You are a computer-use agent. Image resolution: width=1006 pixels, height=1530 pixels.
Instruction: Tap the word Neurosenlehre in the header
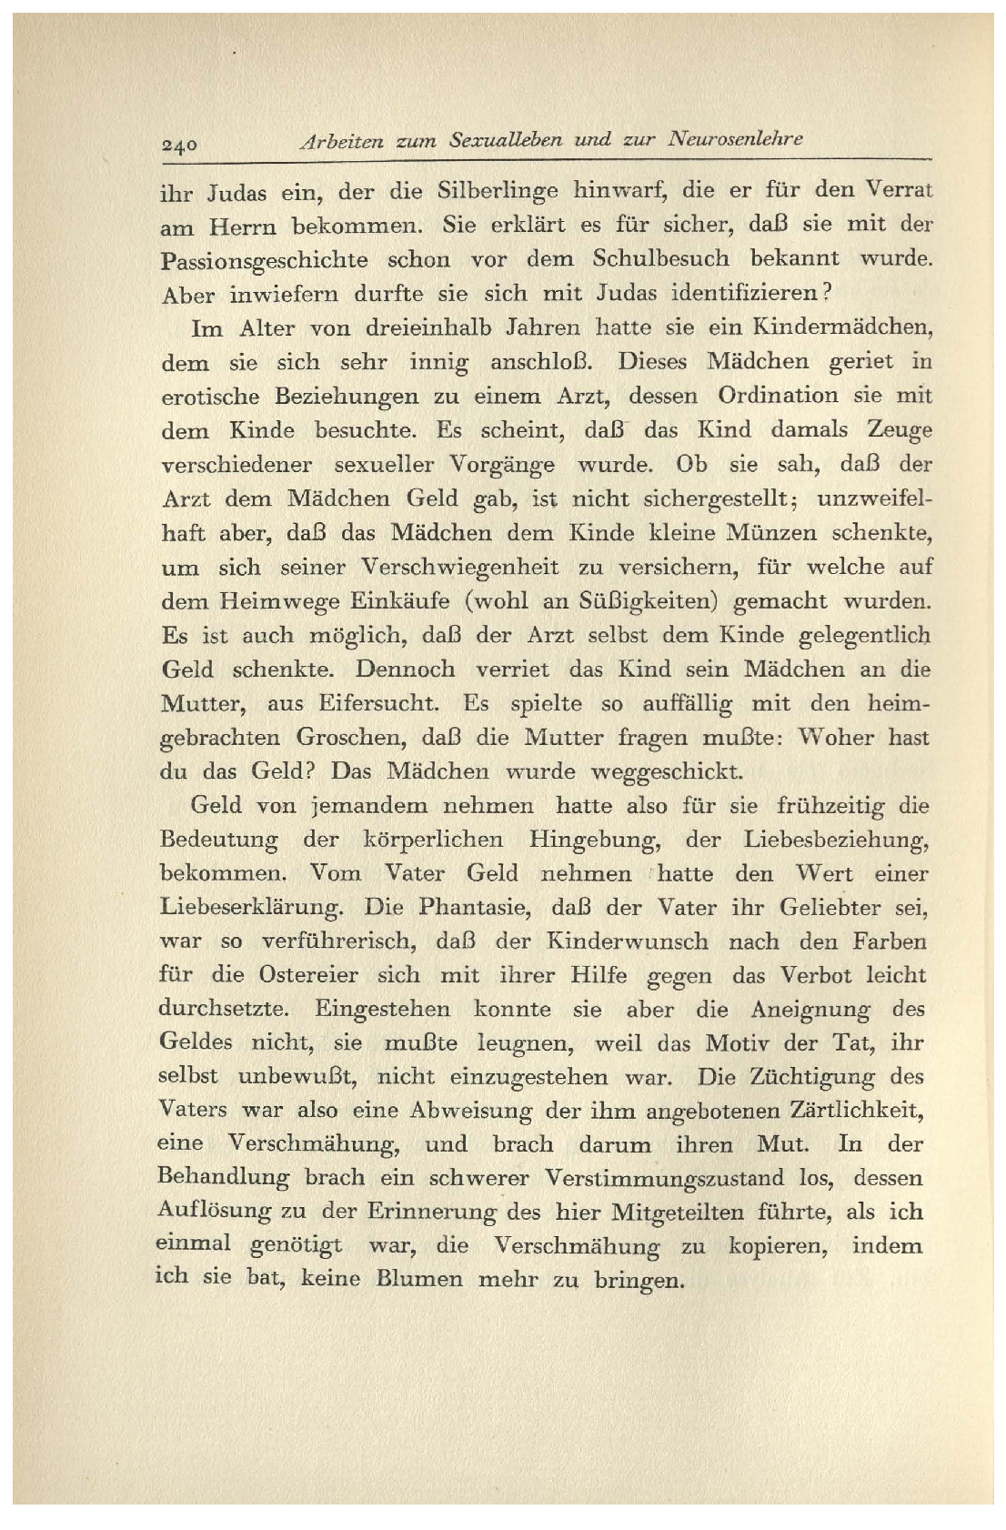tap(735, 139)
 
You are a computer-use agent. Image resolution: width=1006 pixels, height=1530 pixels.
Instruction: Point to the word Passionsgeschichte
tap(264, 260)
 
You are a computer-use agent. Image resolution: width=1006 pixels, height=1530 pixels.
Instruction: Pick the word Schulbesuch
tap(660, 258)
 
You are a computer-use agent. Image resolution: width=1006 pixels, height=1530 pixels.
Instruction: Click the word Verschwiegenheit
tap(459, 567)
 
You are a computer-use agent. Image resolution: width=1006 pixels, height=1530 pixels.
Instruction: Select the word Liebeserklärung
tap(251, 908)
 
